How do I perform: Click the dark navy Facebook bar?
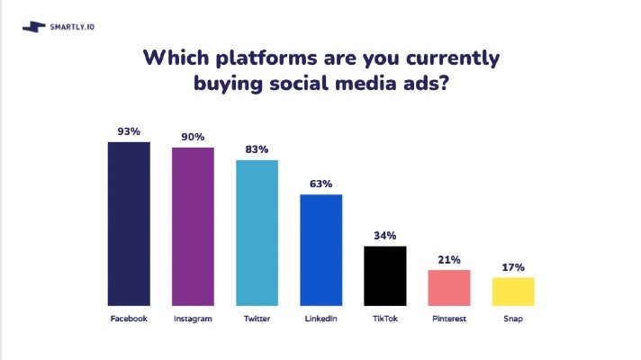(x=129, y=223)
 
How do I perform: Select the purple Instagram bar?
(x=193, y=226)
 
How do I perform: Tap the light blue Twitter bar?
(x=257, y=232)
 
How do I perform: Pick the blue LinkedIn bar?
(x=320, y=249)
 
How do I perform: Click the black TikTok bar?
(x=384, y=275)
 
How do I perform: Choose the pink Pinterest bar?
(x=448, y=287)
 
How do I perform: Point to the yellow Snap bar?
(x=512, y=291)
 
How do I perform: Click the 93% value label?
(x=129, y=131)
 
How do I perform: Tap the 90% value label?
(x=193, y=137)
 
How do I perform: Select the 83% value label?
(x=257, y=149)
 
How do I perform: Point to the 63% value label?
(x=320, y=184)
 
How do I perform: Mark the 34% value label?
(x=384, y=236)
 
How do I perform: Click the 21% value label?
(x=448, y=259)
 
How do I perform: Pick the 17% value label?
(x=512, y=266)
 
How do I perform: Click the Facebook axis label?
(x=129, y=319)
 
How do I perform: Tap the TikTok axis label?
(x=384, y=319)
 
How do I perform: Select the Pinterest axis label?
(x=448, y=319)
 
